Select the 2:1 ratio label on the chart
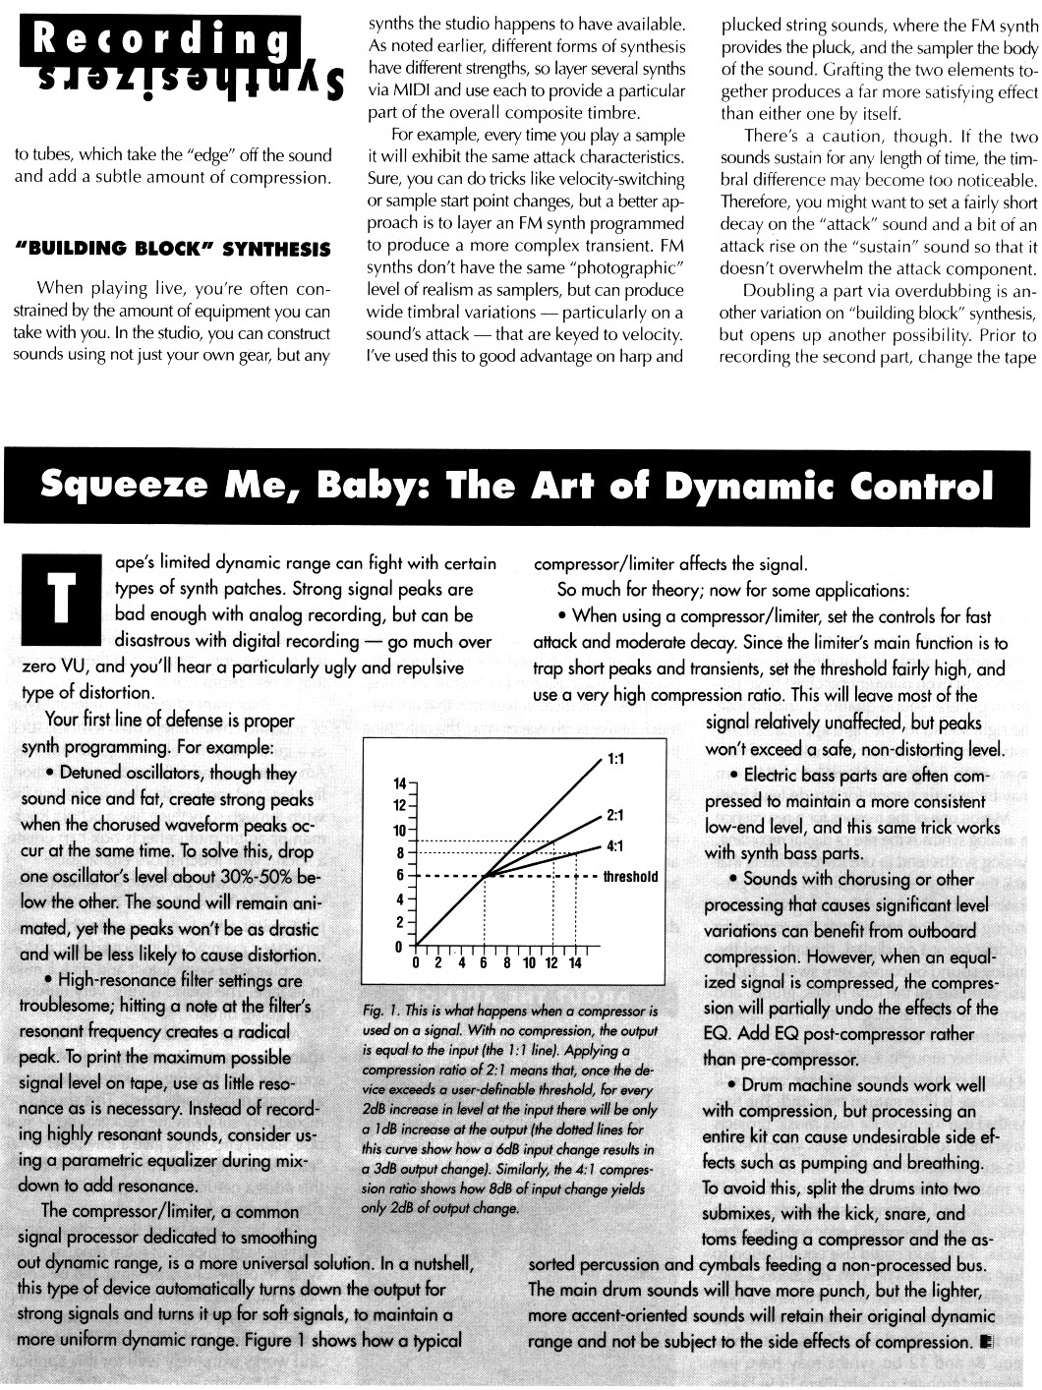616,815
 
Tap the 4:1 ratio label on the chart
616,844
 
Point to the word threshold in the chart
630,876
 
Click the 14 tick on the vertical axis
399,783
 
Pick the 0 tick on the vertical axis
399,947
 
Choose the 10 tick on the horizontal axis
529,963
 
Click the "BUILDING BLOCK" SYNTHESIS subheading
173,250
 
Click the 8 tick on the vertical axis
399,852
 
